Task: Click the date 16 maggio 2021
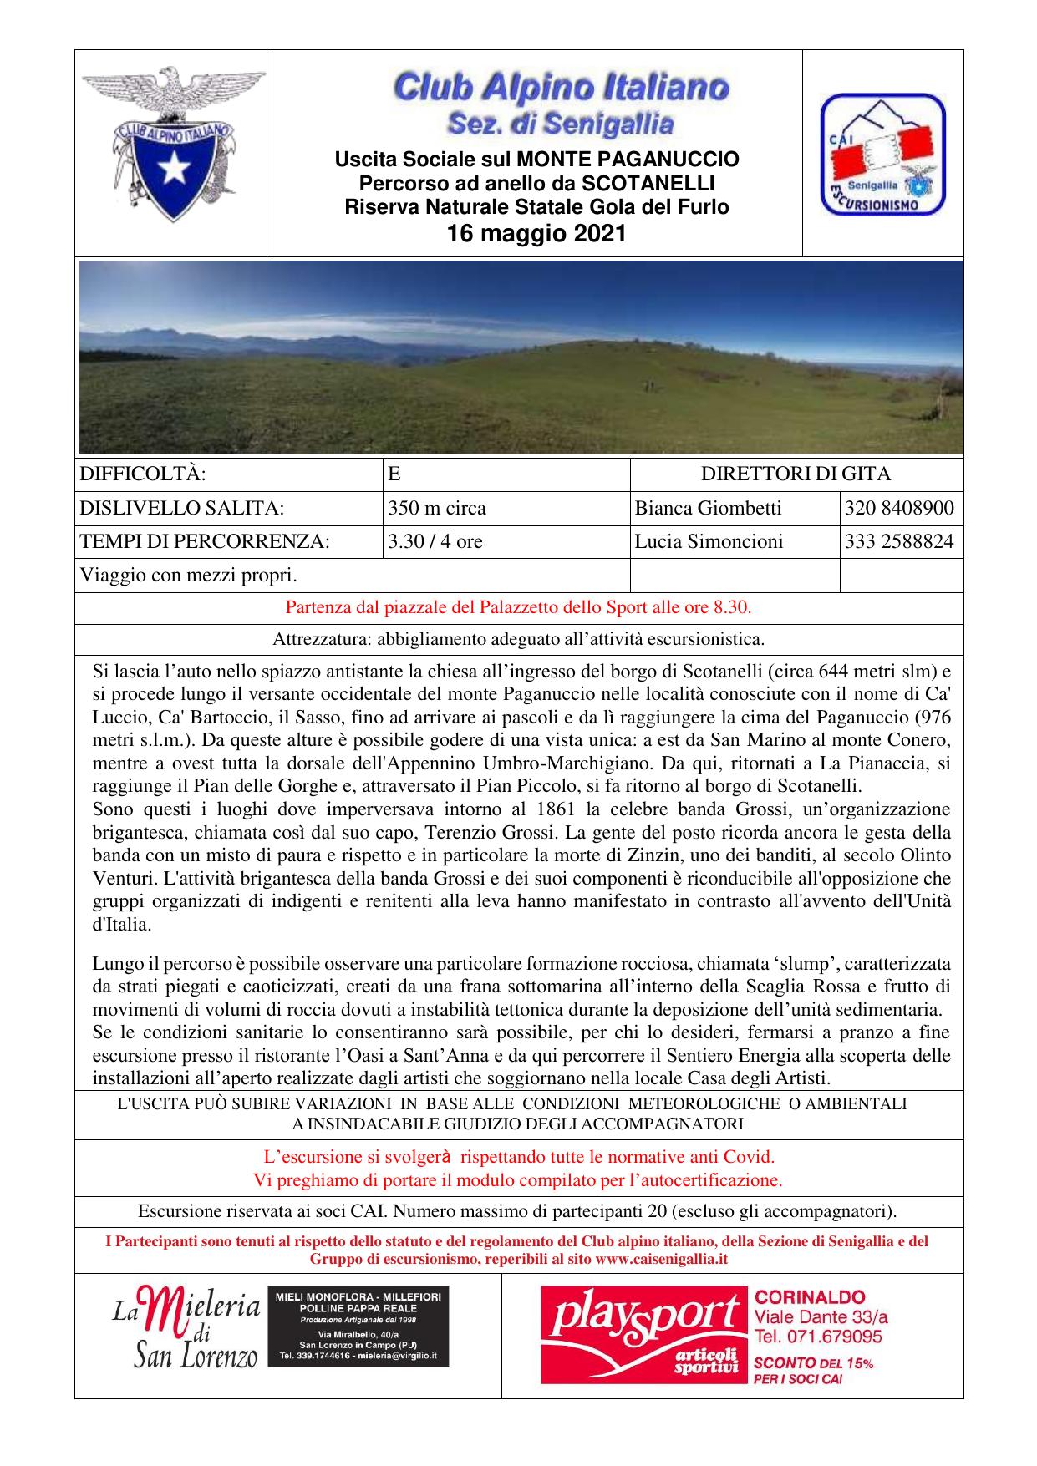tap(536, 234)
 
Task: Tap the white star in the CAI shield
tap(175, 168)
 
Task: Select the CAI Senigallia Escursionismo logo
tap(882, 155)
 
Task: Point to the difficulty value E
tap(394, 474)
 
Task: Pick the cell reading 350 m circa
tap(436, 508)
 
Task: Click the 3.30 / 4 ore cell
tap(435, 541)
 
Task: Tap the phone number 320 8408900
tap(899, 508)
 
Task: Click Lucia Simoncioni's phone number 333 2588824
tap(899, 541)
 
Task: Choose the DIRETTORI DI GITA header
tap(796, 474)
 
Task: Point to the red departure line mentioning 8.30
tap(518, 607)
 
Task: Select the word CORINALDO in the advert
tap(810, 1297)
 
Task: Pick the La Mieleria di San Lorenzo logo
tap(186, 1333)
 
